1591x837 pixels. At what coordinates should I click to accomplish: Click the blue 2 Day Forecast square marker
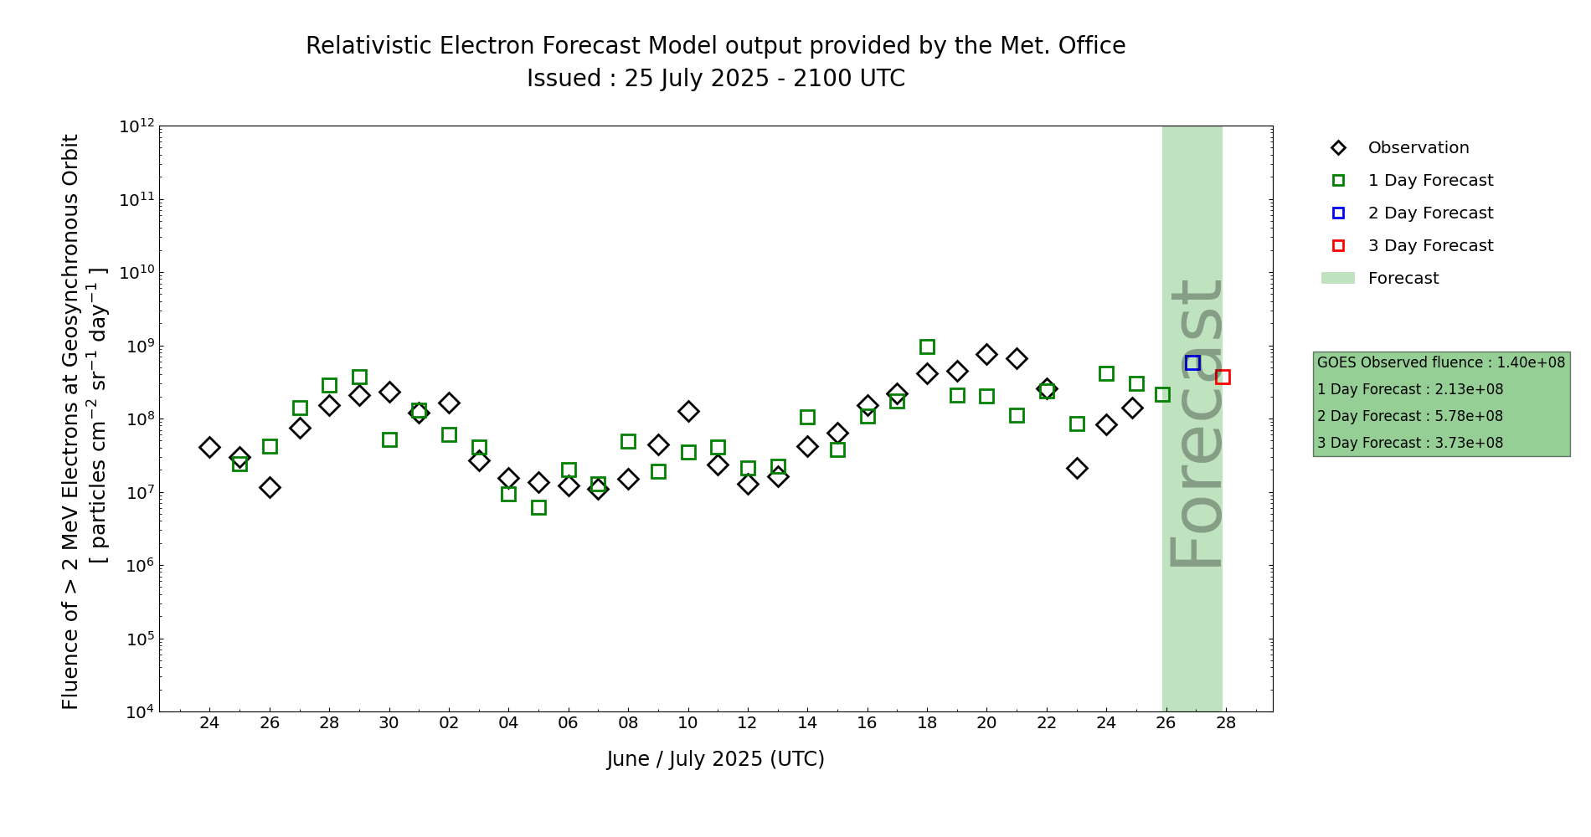point(1192,362)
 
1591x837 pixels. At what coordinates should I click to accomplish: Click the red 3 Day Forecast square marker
point(1223,377)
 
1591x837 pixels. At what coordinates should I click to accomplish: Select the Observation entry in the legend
point(1418,148)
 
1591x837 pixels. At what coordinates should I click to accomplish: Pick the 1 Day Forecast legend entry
point(1429,181)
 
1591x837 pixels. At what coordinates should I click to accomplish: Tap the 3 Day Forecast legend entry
point(1429,246)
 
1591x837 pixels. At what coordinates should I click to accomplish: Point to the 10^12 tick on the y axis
point(136,126)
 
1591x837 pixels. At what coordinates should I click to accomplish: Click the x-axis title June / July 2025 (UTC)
point(716,759)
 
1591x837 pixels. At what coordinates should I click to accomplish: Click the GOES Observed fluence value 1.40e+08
point(1531,362)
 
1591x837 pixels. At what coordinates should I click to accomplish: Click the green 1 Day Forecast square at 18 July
point(927,347)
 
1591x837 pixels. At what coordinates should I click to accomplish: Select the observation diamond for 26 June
point(270,487)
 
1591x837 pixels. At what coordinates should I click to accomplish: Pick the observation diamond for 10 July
point(688,411)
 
